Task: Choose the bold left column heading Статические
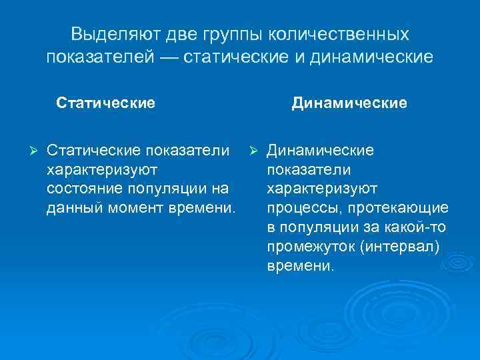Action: click(106, 103)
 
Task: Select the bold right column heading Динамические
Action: click(349, 103)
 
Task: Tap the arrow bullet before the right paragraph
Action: click(252, 151)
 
